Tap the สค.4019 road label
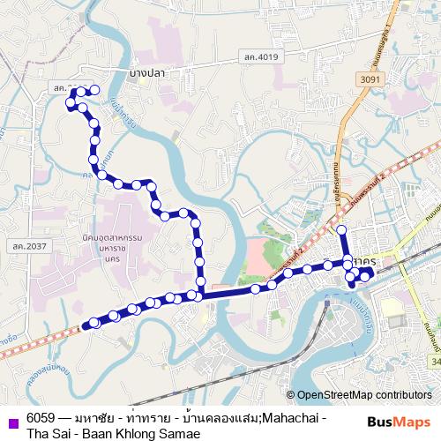coord(261,57)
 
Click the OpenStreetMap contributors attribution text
coord(363,395)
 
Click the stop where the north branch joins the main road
coord(202,295)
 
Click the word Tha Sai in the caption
coord(47,433)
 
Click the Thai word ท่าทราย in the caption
coord(151,417)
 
